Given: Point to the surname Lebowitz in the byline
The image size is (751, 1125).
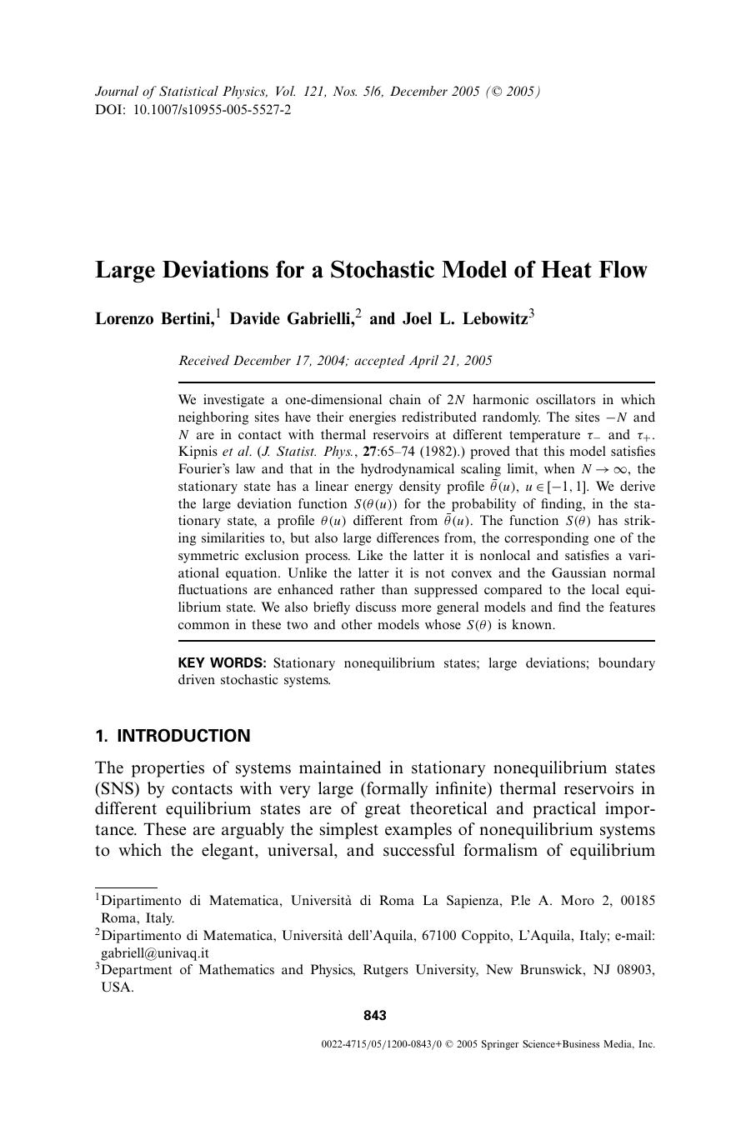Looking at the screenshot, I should tap(492, 319).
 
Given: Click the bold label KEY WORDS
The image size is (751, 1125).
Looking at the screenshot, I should tap(222, 663).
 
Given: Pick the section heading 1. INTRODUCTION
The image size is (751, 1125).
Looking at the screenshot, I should tap(173, 736).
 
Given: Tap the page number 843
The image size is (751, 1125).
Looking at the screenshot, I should tap(375, 1015).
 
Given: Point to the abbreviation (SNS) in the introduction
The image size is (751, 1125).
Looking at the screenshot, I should tap(118, 788).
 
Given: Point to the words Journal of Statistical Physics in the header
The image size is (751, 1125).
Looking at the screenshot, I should tap(181, 92).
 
